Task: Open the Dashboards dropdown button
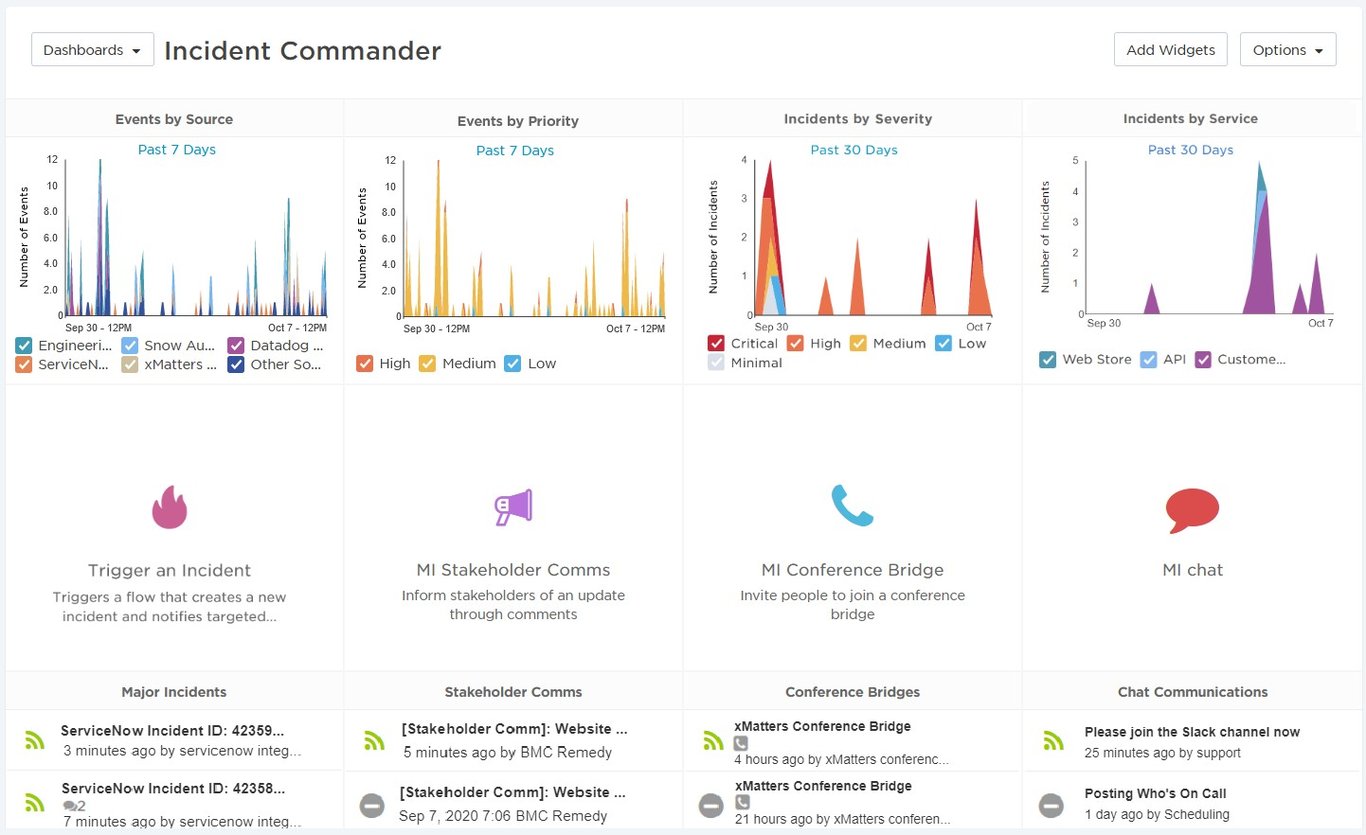pyautogui.click(x=93, y=50)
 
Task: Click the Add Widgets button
pyautogui.click(x=1170, y=50)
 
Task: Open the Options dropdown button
pyautogui.click(x=1287, y=50)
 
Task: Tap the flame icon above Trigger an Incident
pyautogui.click(x=170, y=507)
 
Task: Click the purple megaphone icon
pyautogui.click(x=513, y=507)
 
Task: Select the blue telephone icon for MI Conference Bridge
pyautogui.click(x=852, y=505)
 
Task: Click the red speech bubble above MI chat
pyautogui.click(x=1192, y=510)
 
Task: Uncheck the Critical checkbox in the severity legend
pyautogui.click(x=716, y=343)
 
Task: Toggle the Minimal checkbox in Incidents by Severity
pyautogui.click(x=716, y=363)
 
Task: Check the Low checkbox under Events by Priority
pyautogui.click(x=513, y=364)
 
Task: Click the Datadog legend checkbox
pyautogui.click(x=236, y=345)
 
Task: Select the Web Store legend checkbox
pyautogui.click(x=1048, y=359)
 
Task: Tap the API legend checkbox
pyautogui.click(x=1149, y=359)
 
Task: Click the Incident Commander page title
pyautogui.click(x=302, y=51)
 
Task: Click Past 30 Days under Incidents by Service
pyautogui.click(x=1190, y=150)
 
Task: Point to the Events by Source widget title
pyautogui.click(x=174, y=119)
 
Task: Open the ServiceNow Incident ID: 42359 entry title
pyautogui.click(x=172, y=731)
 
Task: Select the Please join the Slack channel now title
pyautogui.click(x=1192, y=732)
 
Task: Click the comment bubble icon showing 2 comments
pyautogui.click(x=69, y=806)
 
